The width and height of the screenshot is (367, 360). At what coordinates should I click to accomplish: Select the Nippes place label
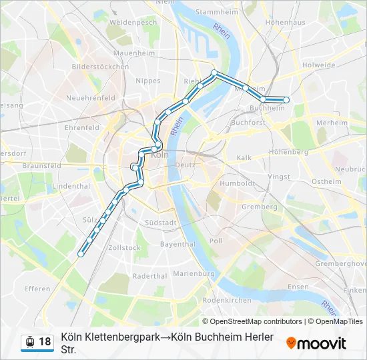coord(147,81)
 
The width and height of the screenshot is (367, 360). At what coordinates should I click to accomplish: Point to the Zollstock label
coord(125,247)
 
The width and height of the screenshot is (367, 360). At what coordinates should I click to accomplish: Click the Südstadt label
coord(160,223)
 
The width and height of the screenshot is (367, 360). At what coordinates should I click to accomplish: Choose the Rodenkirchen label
coord(227,300)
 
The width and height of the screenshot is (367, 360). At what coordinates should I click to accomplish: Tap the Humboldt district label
coord(237,183)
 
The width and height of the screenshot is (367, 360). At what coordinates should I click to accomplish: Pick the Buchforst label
coord(248,123)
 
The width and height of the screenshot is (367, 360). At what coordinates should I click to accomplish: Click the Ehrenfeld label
coord(82,127)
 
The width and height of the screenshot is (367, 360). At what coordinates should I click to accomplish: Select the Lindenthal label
coord(71,185)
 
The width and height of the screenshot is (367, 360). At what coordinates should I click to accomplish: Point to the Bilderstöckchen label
coord(100,67)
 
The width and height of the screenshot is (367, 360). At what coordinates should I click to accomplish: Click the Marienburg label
coord(194,273)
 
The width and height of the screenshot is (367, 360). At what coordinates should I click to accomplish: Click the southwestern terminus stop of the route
coord(81,253)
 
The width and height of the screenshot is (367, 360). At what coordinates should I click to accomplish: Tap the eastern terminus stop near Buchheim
coord(286,100)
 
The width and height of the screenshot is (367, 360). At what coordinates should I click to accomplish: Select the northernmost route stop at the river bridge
coord(214,73)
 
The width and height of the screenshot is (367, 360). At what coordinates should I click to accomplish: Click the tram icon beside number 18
coord(29,342)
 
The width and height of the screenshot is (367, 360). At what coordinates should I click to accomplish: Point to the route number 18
coord(45,342)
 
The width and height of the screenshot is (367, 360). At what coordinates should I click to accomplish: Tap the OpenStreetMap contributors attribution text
coord(252,321)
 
